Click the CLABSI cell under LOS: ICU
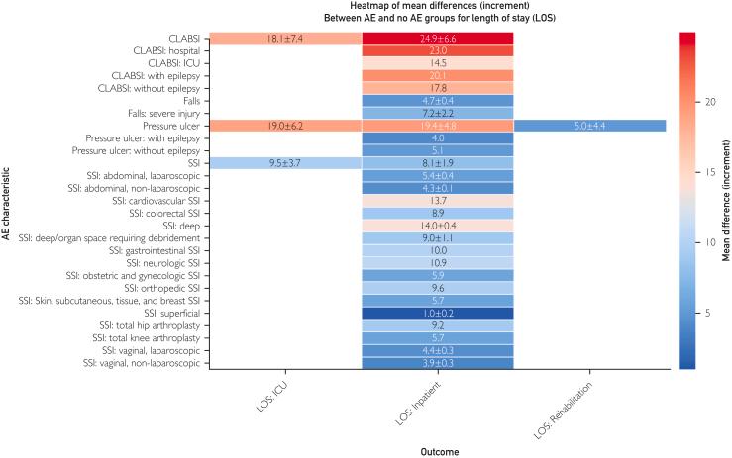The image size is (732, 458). [x=285, y=38]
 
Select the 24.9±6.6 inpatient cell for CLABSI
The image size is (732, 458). [x=437, y=38]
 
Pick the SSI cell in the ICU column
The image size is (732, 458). [x=285, y=163]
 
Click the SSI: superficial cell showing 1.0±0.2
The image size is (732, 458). [x=437, y=314]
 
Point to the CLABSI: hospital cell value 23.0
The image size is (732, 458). [x=437, y=50]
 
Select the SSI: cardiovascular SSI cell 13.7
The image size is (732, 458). [x=437, y=201]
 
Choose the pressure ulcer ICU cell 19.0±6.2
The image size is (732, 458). [x=285, y=126]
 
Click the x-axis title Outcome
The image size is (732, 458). [x=437, y=449]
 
